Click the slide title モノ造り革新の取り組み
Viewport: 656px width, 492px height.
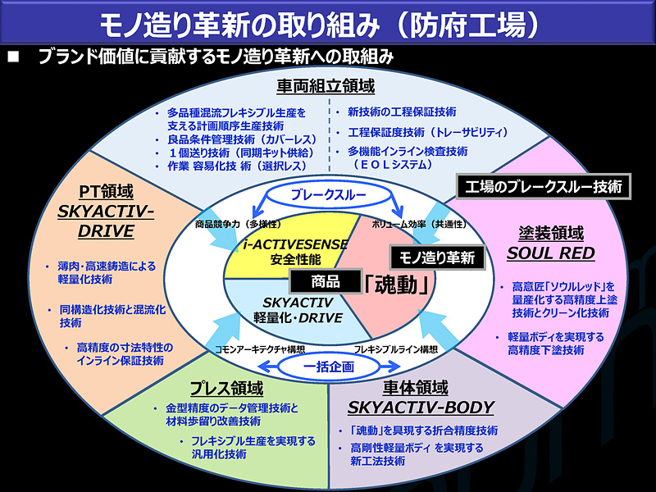271,23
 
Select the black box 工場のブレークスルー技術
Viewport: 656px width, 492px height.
543,186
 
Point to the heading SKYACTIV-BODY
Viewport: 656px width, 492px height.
421,408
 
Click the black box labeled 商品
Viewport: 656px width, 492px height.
326,280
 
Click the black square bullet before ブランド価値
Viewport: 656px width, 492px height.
12,57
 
